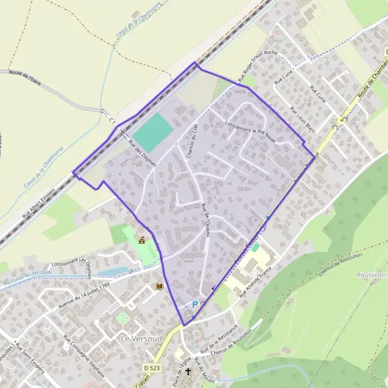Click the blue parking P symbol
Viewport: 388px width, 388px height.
[x=195, y=303]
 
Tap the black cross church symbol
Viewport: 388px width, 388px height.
[x=188, y=372]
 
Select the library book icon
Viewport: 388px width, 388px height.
[x=159, y=286]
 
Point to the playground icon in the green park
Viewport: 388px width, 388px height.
[x=142, y=241]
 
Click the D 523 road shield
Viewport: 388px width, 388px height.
[x=153, y=367]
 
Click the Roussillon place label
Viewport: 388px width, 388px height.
[x=371, y=275]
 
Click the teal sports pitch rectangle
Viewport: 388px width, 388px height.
[x=153, y=133]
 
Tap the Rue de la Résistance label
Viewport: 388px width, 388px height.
[x=219, y=339]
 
